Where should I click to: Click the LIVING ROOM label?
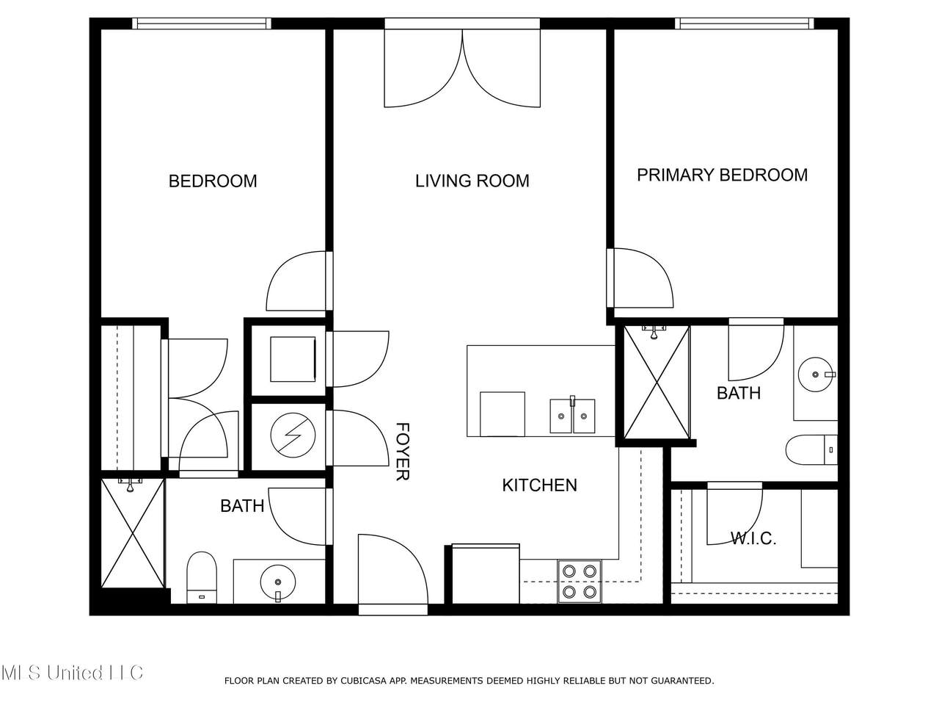472,181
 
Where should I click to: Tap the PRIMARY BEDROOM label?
722,175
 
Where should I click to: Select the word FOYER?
403,452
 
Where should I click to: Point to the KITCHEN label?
539,485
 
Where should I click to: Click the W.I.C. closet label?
753,538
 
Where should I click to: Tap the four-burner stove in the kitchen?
580,582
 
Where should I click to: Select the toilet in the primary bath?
811,450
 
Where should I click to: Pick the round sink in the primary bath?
816,375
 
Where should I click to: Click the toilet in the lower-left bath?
202,577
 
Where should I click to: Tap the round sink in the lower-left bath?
278,583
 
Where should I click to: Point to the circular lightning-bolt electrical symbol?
293,435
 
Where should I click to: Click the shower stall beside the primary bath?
657,383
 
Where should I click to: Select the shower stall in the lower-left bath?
133,533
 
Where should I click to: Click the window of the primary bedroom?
745,23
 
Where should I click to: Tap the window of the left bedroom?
202,23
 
